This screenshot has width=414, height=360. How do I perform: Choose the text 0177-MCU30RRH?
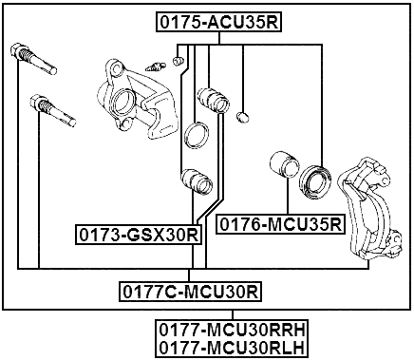pos(233,329)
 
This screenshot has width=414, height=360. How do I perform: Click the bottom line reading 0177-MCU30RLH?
pos(233,347)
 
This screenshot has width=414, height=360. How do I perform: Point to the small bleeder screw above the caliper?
pos(155,66)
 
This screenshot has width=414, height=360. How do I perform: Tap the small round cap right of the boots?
pos(244,117)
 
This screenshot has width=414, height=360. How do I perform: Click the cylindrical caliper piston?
pos(284,165)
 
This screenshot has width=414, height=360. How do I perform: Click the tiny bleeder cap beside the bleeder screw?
pos(178,62)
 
